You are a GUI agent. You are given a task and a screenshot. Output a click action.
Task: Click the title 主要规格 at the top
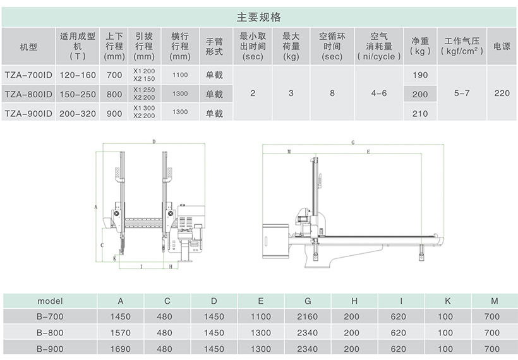[x=258, y=17]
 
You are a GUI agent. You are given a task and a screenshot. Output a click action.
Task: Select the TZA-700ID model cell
[x=28, y=75]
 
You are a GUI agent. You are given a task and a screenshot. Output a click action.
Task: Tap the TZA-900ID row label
[x=28, y=114]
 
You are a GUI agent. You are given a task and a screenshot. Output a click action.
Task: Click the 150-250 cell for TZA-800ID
[x=78, y=95]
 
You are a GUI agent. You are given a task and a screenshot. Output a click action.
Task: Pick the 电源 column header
[x=502, y=46]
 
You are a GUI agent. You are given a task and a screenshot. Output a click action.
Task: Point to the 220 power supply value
[x=502, y=93]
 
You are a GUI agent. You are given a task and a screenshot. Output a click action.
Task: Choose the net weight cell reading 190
[x=420, y=75]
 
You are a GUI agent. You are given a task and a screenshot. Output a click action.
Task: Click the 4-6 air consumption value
[x=379, y=93]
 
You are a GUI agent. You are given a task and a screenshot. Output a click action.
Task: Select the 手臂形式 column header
[x=214, y=47]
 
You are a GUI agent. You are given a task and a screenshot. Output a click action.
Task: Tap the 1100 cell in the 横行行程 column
[x=180, y=75]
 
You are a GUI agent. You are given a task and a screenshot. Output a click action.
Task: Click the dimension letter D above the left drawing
[x=154, y=141]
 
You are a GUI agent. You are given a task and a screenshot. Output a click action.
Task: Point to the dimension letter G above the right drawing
[x=353, y=143]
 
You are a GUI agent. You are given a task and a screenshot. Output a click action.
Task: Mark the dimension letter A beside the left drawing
[x=96, y=207]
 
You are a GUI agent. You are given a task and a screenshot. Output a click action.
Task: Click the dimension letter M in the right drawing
[x=289, y=152]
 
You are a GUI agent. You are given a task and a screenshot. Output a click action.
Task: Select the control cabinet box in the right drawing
[x=275, y=241]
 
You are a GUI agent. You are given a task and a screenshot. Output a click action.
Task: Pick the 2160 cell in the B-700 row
[x=307, y=316]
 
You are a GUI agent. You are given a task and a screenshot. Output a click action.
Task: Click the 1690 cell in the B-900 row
[x=121, y=349]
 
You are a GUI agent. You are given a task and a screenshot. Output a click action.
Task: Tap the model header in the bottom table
[x=50, y=301]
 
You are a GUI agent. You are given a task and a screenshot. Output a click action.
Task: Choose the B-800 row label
[x=50, y=333]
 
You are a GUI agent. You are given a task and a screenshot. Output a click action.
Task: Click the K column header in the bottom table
[x=448, y=301]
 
